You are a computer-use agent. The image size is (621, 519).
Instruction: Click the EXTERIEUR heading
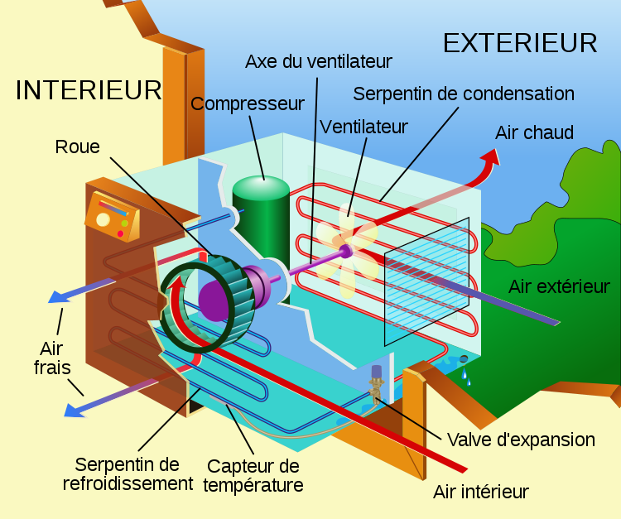(x=520, y=42)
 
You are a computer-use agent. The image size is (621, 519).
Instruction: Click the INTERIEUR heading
(x=88, y=90)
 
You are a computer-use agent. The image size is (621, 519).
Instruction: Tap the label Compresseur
(x=248, y=104)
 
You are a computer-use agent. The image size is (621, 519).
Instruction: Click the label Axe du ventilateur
(x=319, y=61)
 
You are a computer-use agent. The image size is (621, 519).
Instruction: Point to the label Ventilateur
(x=364, y=127)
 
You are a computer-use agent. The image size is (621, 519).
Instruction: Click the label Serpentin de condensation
(x=464, y=93)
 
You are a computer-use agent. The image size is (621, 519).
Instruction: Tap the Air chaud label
(x=534, y=132)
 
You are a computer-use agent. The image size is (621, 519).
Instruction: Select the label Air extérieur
(x=559, y=286)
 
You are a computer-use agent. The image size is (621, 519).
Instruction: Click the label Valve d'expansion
(x=520, y=439)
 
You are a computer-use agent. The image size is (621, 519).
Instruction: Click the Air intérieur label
(x=480, y=492)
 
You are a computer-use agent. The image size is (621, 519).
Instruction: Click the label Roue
(x=77, y=147)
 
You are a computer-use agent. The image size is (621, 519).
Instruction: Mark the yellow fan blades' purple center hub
(x=344, y=249)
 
